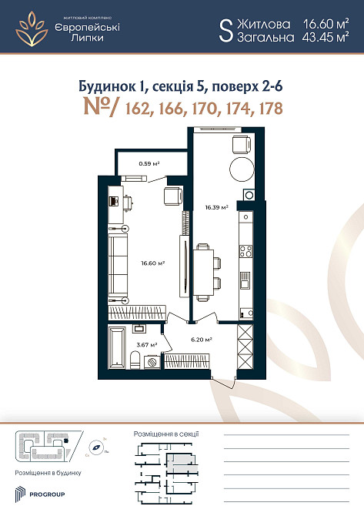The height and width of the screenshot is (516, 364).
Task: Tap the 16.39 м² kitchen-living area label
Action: tap(216, 206)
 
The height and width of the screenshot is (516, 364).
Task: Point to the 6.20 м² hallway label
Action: tap(201, 338)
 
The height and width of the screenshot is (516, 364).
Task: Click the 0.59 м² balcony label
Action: tap(149, 163)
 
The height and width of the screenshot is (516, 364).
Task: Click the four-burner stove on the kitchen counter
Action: tap(247, 250)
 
